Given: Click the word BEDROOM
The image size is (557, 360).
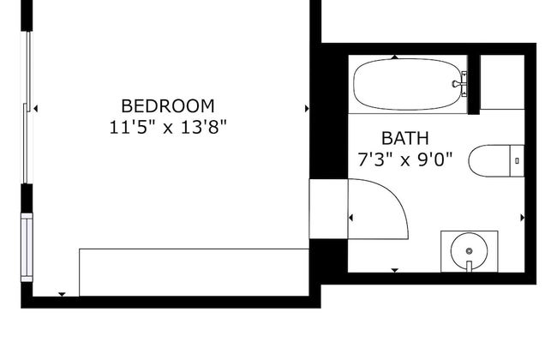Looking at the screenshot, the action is (168, 106).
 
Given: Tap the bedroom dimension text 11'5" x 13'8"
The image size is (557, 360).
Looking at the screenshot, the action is (168, 127).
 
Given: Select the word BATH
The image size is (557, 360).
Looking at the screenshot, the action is (405, 138).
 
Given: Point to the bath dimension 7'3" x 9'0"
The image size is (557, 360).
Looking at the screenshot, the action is (405, 159).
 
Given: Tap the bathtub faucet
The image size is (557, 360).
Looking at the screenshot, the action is (460, 84).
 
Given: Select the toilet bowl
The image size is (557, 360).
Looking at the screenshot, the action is (489, 161).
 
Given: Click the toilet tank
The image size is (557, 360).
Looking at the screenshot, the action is (518, 161).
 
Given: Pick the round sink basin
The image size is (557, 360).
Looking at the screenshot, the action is (469, 251).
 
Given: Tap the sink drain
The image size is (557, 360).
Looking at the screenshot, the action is (469, 251).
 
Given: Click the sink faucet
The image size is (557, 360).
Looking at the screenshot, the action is (469, 267).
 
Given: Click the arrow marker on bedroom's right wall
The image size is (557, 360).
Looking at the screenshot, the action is (307, 109).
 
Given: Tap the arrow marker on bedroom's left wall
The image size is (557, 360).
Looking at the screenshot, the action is (35, 108).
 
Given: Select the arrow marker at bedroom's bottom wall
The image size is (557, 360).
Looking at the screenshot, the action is (63, 294).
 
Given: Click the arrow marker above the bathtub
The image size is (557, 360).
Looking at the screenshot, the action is (395, 57).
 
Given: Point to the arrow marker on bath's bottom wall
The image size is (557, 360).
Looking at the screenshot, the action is (395, 271).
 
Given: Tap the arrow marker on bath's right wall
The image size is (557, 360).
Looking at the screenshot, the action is (523, 218).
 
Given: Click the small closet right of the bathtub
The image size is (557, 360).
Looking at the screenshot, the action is (502, 82).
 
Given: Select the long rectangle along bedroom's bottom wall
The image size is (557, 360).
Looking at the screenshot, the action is (194, 273).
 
